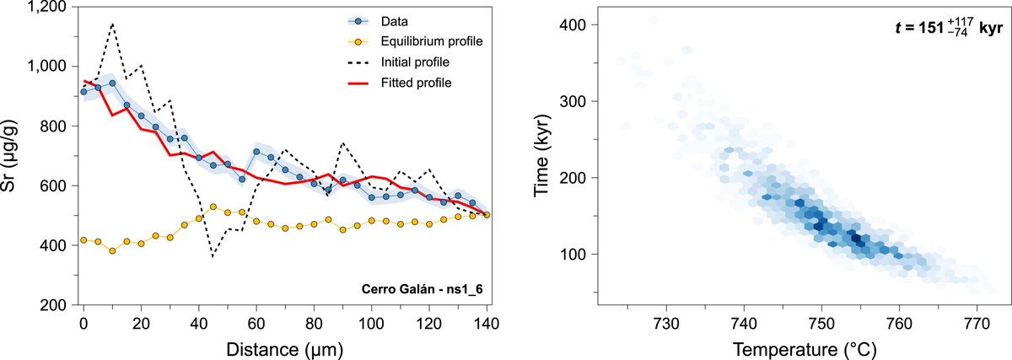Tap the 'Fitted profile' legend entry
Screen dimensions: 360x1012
[396, 83]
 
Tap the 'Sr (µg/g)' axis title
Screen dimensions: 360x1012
[12, 156]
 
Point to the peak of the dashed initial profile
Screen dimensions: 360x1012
[112, 24]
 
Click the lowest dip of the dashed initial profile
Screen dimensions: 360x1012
[213, 255]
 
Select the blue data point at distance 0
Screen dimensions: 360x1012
[83, 92]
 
